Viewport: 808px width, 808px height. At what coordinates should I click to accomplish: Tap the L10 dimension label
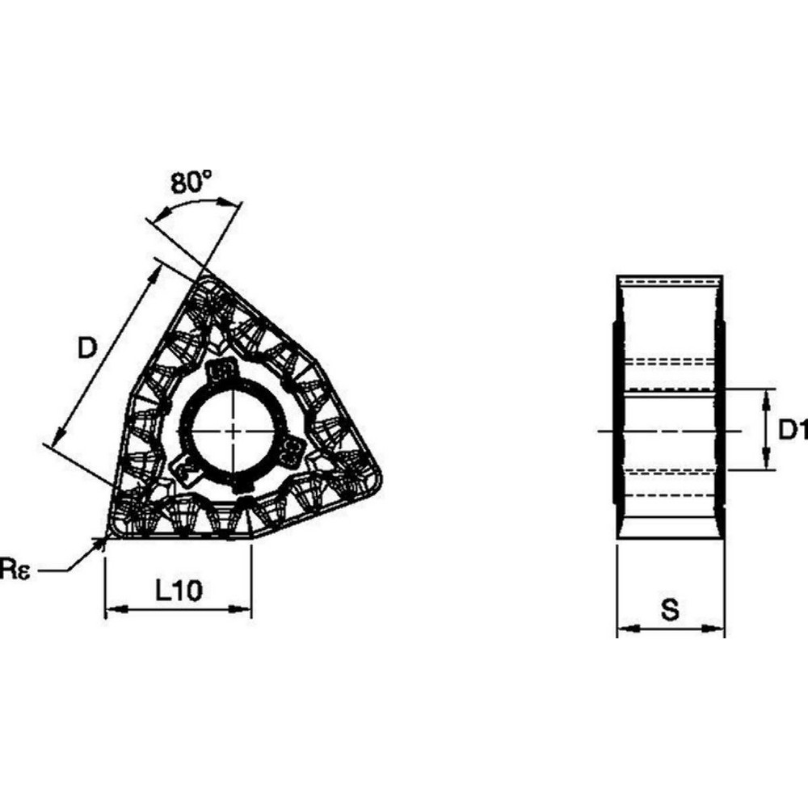[178, 591]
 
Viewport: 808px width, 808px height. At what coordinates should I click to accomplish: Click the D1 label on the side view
[793, 430]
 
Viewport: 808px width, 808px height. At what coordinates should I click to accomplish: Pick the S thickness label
[670, 610]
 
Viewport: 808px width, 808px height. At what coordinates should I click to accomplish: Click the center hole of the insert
[233, 431]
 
